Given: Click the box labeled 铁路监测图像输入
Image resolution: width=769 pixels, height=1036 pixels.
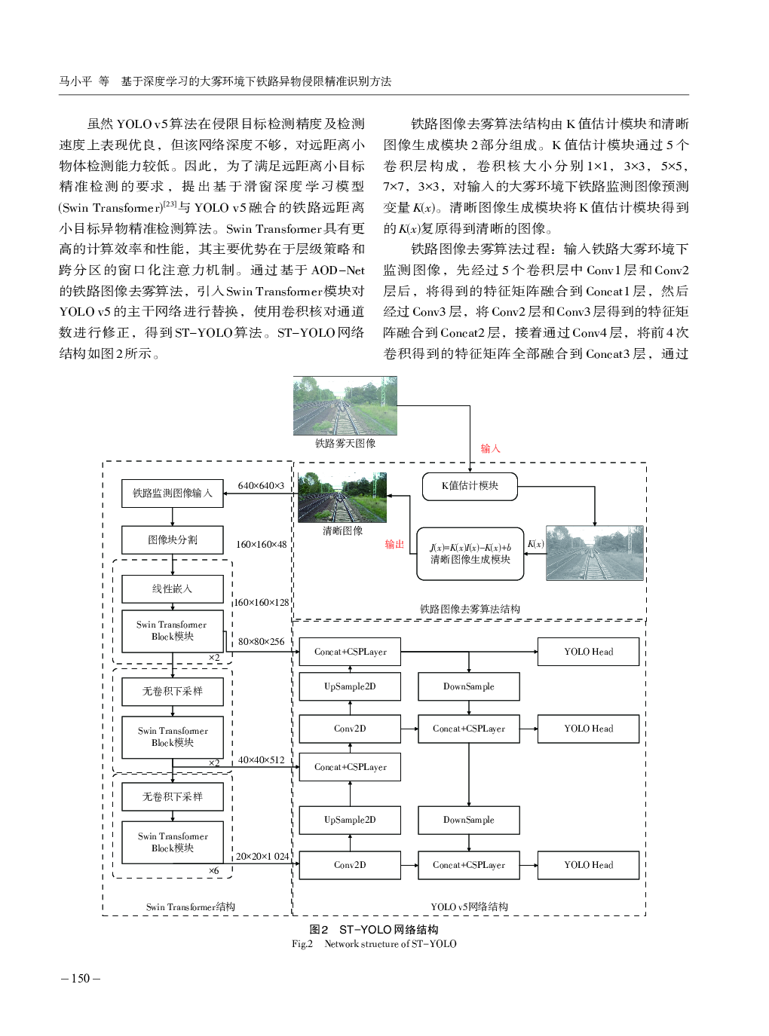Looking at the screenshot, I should coord(173,494).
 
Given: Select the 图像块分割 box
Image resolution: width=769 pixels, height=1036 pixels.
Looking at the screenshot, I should coord(173,540).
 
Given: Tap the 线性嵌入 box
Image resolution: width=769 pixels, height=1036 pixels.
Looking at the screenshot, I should coord(173,589).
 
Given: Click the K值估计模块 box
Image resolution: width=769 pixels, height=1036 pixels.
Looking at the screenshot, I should coord(470,486).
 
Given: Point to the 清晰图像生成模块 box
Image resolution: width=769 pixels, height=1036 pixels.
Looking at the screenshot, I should coord(470,554).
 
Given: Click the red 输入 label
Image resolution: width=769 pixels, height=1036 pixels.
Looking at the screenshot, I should coord(490,449).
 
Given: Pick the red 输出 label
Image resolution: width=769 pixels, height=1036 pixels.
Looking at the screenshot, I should coord(394,544).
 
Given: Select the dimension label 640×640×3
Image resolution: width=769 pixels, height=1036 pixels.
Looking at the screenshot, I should coord(261,486).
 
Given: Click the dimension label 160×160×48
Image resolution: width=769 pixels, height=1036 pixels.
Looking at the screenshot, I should coord(261,545).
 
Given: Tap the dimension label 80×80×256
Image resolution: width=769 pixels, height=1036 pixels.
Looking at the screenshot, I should coord(261,642).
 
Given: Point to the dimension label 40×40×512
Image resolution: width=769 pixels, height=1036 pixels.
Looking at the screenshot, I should coord(261,760).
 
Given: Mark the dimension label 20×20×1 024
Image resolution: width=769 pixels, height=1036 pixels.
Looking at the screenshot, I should coord(262,857).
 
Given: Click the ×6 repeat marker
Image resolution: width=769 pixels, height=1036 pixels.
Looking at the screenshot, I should coord(214,871).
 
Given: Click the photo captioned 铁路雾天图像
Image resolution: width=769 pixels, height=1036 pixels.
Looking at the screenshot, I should coord(345,405).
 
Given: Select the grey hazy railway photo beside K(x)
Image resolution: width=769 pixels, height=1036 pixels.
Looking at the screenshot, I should coord(594,554).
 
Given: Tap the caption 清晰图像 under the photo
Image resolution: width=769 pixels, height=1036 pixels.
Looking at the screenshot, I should coord(342,531).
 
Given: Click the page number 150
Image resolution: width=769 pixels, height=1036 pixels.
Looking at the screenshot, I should coord(80,979).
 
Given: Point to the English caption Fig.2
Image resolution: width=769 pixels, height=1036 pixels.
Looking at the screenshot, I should coord(302,944).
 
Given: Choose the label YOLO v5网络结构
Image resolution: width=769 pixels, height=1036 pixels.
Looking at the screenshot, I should coord(469,907).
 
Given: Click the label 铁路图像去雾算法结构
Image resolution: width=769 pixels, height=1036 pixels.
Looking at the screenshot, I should coord(469,609).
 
